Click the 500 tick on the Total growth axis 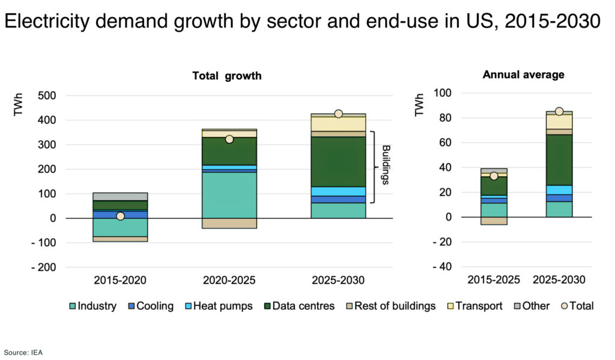point(47,96)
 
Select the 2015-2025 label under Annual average point(494,280)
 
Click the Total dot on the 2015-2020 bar point(120,216)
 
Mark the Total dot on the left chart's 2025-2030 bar point(338,114)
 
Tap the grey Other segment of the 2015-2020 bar point(120,197)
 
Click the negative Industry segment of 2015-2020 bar point(120,227)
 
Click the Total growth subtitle point(226,76)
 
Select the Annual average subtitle point(523,75)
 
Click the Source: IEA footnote point(23,352)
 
